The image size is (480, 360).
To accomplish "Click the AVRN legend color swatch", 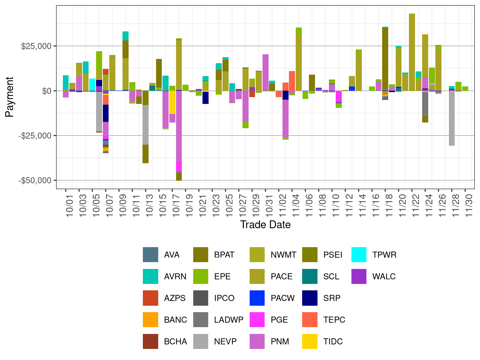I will pos(150,276).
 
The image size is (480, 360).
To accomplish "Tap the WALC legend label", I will pos(384,276).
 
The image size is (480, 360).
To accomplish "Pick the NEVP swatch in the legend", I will pos(201,341).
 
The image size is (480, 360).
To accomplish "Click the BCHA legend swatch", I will pos(150,341).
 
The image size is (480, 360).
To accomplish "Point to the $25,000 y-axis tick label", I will pos(36,46).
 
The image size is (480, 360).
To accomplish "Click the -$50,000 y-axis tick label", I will pos(35,180).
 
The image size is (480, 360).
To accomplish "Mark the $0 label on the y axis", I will pos(46,91).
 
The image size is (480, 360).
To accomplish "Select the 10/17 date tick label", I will pos(176,204).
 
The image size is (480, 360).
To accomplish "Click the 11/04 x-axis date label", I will pos(296,204).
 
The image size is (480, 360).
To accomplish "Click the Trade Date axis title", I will pos(265,225).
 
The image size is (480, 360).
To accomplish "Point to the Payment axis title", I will pos(10,97).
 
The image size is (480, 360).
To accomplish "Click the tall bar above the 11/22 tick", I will pos(412,52).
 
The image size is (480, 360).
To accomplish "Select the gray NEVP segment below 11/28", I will pos(452,118).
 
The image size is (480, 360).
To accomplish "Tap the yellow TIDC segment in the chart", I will pos(172,102).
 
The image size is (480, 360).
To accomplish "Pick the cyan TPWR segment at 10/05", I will pos(92,85).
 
